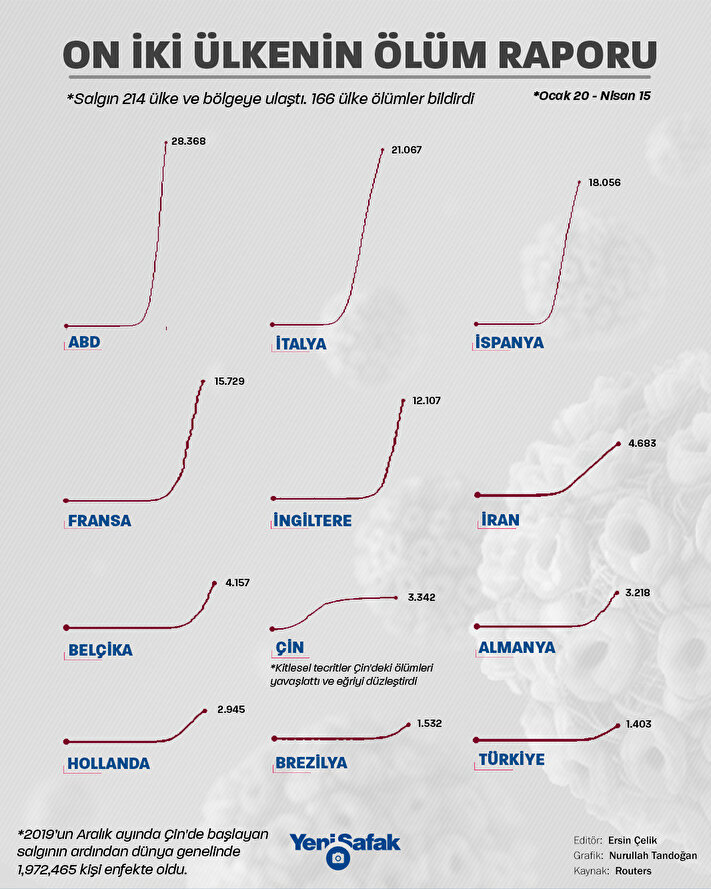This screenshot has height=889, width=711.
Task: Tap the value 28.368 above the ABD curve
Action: [x=188, y=142]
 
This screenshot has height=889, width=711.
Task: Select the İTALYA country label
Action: [x=300, y=343]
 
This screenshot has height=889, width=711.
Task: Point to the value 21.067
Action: [x=407, y=150]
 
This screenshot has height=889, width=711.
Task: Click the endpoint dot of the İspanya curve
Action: [x=579, y=183]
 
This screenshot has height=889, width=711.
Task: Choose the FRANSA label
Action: [x=99, y=521]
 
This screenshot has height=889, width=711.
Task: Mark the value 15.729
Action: [x=231, y=382]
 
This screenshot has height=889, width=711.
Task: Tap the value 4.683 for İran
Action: [x=642, y=442]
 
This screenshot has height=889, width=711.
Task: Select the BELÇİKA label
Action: [x=100, y=650]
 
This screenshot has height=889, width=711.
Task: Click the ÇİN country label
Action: [x=288, y=646]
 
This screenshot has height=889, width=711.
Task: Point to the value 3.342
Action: [x=421, y=597]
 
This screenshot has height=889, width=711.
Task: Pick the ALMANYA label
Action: [x=517, y=647]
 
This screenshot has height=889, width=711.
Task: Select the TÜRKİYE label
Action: [x=512, y=760]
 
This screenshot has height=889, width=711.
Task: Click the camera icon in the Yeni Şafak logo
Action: [x=339, y=858]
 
